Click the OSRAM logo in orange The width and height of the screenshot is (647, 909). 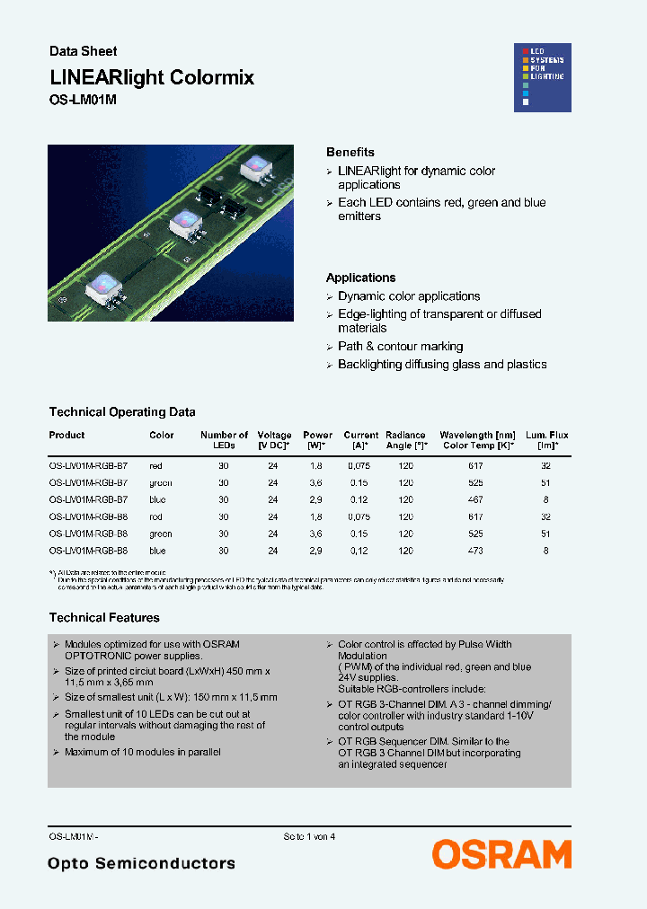(x=501, y=854)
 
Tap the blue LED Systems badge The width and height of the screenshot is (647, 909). (x=542, y=77)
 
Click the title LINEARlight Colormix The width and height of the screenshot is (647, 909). (x=152, y=78)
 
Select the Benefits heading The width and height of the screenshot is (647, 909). (x=350, y=152)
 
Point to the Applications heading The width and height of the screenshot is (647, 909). (x=360, y=278)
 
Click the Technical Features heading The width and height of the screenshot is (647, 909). (x=104, y=618)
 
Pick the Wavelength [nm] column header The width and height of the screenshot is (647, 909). (x=477, y=436)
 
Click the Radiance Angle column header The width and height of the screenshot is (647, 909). (x=406, y=440)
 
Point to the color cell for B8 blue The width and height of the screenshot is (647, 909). (x=158, y=550)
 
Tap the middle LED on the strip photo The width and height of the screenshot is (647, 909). (x=186, y=219)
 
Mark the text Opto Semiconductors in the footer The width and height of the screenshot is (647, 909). (x=142, y=863)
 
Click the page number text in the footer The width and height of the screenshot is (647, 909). (x=309, y=836)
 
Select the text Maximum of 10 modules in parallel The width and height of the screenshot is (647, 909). (x=142, y=752)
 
